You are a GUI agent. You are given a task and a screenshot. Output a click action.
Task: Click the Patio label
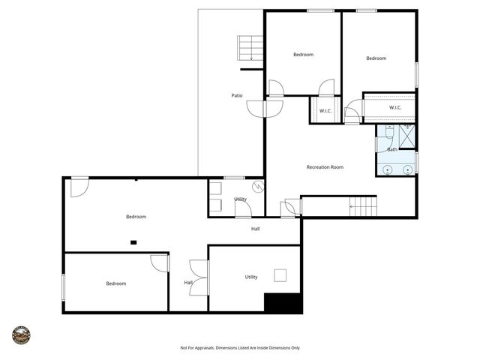pos(236,95)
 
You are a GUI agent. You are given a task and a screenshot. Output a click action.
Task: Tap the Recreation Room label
pos(325,166)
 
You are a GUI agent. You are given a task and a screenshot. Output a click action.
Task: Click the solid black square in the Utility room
pos(283,303)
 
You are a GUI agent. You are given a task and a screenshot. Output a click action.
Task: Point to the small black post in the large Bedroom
pos(133,241)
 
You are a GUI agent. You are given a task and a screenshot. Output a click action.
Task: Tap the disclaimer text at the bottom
pos(240,347)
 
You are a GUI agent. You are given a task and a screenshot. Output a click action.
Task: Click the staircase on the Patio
pos(250,48)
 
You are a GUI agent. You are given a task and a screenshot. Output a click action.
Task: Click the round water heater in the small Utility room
pos(258,187)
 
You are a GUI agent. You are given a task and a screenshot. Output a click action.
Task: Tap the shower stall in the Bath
pos(407,136)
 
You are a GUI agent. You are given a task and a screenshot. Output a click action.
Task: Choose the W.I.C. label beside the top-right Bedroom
pos(395,107)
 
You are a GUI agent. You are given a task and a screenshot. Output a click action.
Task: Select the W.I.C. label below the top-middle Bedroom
pos(325,111)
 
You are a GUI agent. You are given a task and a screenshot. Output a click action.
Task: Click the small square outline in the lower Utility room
pos(280,274)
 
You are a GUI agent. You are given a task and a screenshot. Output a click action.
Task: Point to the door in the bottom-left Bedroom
pos(160,263)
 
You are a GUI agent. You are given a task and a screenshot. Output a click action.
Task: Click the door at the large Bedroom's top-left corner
pos(79,187)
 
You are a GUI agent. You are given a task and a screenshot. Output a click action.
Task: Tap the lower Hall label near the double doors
pos(188,282)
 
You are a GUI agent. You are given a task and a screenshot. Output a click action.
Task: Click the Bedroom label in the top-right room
pos(376,58)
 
